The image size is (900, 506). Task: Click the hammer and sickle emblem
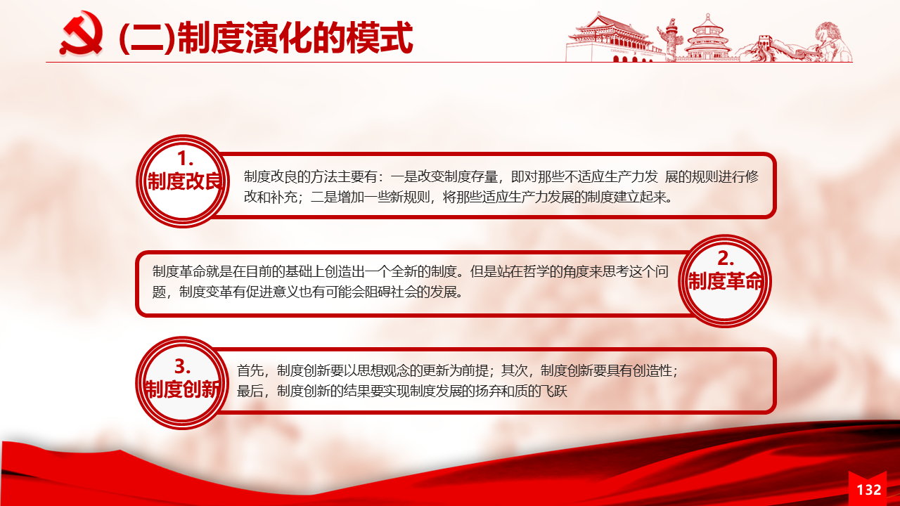[82, 33]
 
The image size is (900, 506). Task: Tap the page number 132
[869, 490]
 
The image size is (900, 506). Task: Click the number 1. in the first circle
[185, 159]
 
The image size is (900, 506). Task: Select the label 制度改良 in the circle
[184, 181]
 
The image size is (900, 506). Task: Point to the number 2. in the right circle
[726, 258]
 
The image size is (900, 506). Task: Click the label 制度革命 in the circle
[725, 280]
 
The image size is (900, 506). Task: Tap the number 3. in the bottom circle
[182, 367]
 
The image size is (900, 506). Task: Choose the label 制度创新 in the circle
[182, 389]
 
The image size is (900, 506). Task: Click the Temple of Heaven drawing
[707, 38]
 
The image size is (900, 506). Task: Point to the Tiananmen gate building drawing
[610, 37]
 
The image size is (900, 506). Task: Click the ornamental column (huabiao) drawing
[671, 40]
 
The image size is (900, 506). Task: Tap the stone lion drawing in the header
[832, 42]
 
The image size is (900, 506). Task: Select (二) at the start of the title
[148, 38]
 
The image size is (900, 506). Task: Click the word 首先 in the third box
[250, 370]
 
